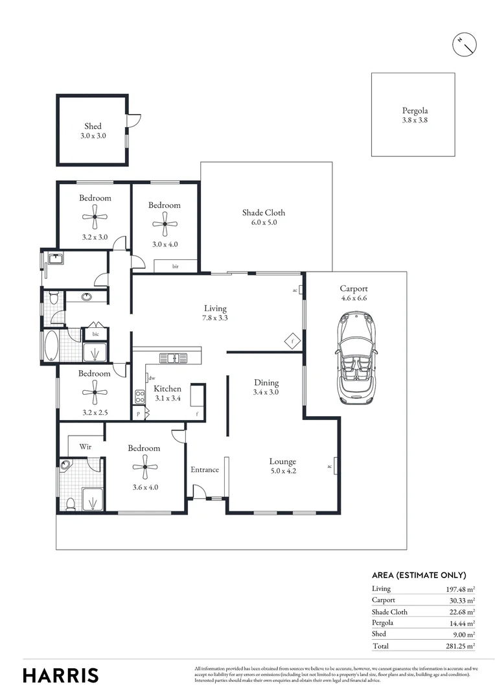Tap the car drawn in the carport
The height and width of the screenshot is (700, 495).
[x=355, y=360]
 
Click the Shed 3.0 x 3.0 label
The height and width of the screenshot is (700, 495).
[x=93, y=131]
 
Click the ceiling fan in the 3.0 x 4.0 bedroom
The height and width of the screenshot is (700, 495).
[x=165, y=224]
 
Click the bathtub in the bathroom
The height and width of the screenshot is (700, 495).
[x=51, y=345]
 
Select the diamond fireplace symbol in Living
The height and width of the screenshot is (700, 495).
[x=292, y=340]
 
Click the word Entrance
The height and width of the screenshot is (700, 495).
[x=204, y=470]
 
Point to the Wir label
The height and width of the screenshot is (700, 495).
[x=85, y=447]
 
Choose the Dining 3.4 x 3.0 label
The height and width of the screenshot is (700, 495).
[x=266, y=387]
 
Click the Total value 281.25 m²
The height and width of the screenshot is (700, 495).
[x=460, y=646]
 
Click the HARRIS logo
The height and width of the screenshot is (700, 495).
[x=61, y=675]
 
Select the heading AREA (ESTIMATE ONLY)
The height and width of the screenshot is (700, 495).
[x=419, y=575]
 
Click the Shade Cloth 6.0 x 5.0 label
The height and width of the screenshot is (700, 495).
[x=264, y=217]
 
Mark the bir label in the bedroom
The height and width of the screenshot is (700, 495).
[x=175, y=266]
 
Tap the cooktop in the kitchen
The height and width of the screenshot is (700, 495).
[x=139, y=396]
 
